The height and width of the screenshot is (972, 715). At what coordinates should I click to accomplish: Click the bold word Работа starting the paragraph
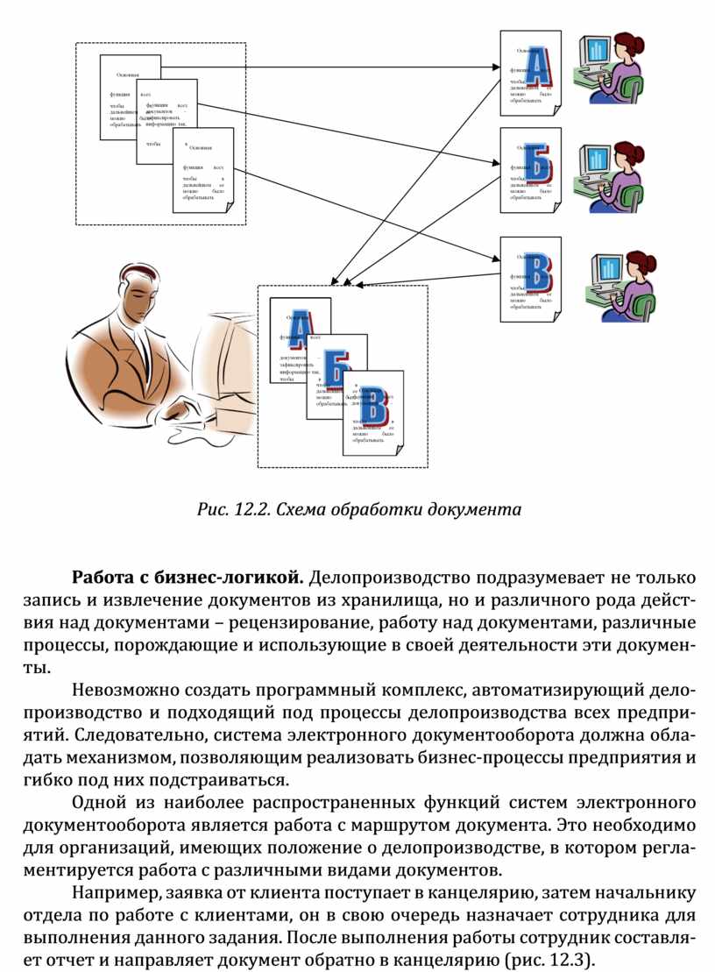(98, 578)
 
